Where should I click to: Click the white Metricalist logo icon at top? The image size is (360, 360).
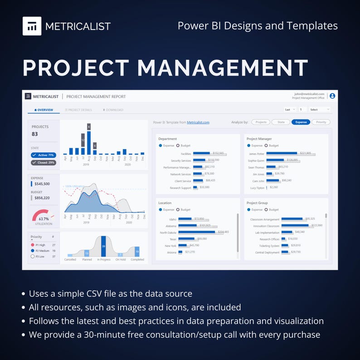pyautogui.click(x=32, y=26)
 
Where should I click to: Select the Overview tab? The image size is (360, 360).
pyautogui.click(x=44, y=110)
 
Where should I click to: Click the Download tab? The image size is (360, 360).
pyautogui.click(x=113, y=110)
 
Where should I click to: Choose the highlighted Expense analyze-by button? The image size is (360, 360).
pyautogui.click(x=301, y=122)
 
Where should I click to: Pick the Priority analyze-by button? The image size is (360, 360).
pyautogui.click(x=321, y=122)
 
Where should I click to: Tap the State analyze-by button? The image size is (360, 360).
pyautogui.click(x=281, y=122)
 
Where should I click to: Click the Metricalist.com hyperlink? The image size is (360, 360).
pyautogui.click(x=198, y=122)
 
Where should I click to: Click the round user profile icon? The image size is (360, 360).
pyautogui.click(x=332, y=96)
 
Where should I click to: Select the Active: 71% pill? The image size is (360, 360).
pyautogui.click(x=44, y=155)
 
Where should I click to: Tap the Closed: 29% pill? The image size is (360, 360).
pyautogui.click(x=44, y=162)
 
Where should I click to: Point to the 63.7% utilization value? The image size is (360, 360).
pyautogui.click(x=44, y=219)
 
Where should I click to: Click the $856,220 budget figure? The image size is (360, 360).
pyautogui.click(x=42, y=198)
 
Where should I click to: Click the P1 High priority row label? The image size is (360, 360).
pyautogui.click(x=39, y=245)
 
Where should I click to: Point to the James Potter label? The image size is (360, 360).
pyautogui.click(x=257, y=154)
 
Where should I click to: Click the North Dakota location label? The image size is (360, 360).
pyautogui.click(x=168, y=233)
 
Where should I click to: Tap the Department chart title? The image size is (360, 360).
pyautogui.click(x=167, y=139)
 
